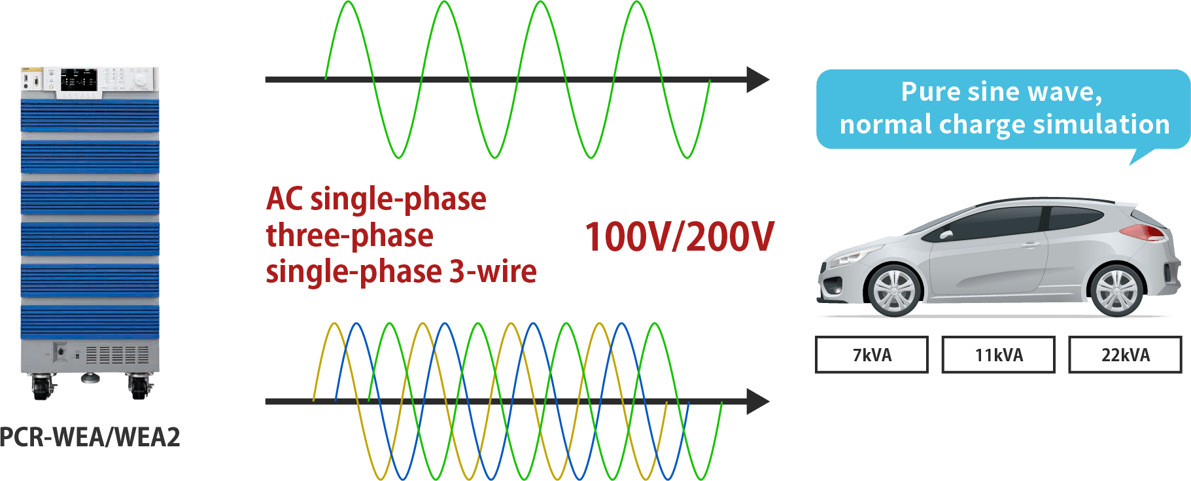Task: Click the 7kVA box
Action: [871, 355]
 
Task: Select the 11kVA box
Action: [998, 355]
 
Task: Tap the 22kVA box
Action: [1125, 355]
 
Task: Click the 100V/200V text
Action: [679, 237]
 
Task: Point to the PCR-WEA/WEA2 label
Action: [90, 436]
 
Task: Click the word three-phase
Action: [349, 236]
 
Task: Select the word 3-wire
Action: [492, 272]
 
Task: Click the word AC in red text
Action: [285, 200]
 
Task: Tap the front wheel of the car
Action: [893, 290]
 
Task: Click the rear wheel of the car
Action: [1117, 290]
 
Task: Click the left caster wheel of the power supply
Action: [40, 387]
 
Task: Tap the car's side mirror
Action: [946, 234]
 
